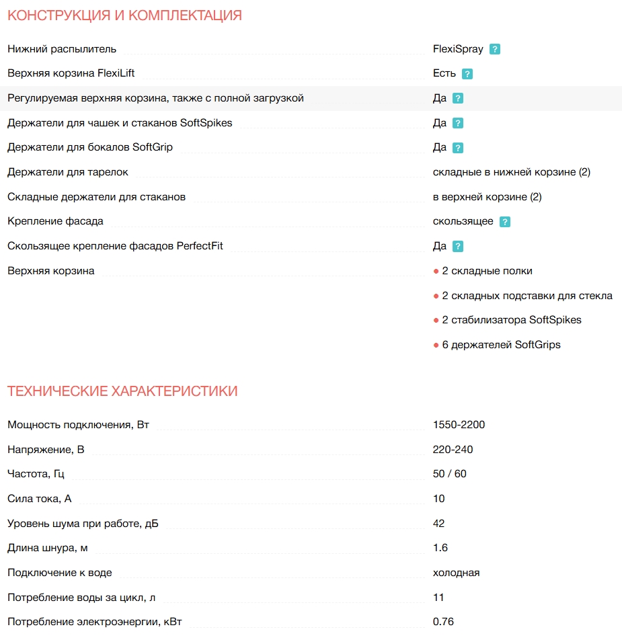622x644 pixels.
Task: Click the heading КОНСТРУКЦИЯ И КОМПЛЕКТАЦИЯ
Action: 124,15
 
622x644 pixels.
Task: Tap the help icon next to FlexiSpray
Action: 495,49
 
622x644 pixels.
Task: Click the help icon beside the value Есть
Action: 467,74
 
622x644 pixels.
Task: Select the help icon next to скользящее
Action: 505,222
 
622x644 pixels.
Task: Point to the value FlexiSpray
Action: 458,49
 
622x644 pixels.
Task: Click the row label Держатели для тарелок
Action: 67,172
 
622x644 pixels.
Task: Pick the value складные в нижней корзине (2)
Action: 511,172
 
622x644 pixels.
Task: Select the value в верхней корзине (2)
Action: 487,197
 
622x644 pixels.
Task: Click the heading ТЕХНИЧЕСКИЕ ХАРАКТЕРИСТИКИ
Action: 122,391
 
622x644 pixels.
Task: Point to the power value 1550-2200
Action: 459,425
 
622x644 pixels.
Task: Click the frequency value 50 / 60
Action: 449,474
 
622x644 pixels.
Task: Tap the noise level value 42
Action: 438,524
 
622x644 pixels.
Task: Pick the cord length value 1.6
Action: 440,548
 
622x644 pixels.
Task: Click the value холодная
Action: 456,573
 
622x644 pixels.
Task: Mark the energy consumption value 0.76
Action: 443,622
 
